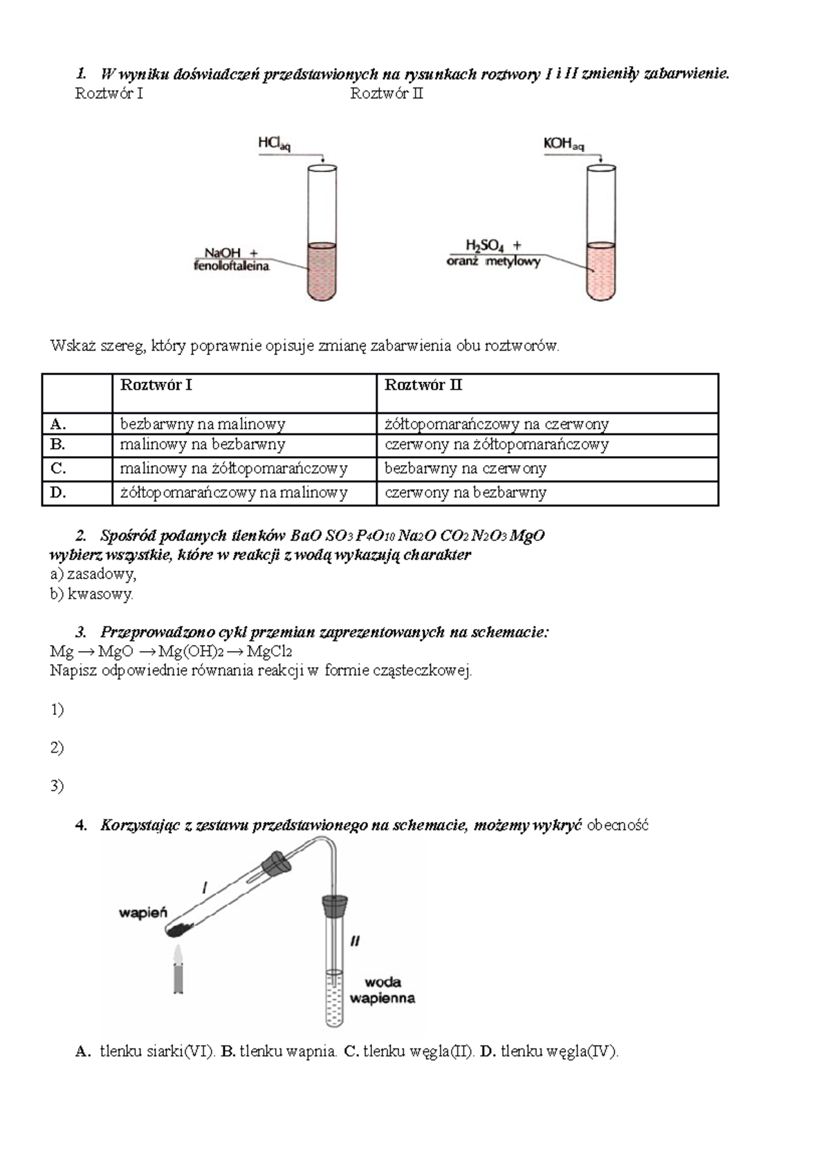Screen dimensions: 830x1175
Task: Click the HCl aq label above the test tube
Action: click(x=274, y=144)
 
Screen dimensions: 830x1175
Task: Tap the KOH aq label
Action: click(x=564, y=144)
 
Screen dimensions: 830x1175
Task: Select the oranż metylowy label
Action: click(x=493, y=262)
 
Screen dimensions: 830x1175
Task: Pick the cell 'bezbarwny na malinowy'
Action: click(x=203, y=423)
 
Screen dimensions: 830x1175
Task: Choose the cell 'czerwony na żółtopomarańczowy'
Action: click(x=497, y=445)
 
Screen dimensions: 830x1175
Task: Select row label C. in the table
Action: click(x=58, y=468)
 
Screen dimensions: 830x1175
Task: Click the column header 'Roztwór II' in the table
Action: click(x=424, y=385)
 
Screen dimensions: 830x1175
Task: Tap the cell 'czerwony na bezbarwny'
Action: click(x=465, y=493)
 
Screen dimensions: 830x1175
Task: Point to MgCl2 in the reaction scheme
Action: click(x=269, y=651)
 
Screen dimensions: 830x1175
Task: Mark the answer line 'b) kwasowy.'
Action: click(x=92, y=594)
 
